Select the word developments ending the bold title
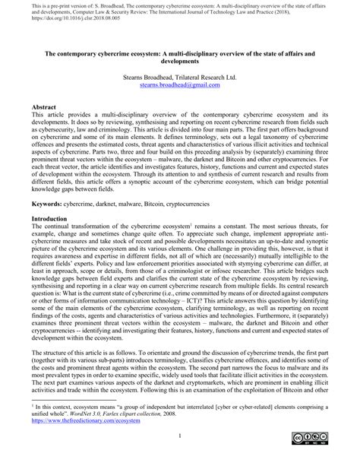click(179, 63)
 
